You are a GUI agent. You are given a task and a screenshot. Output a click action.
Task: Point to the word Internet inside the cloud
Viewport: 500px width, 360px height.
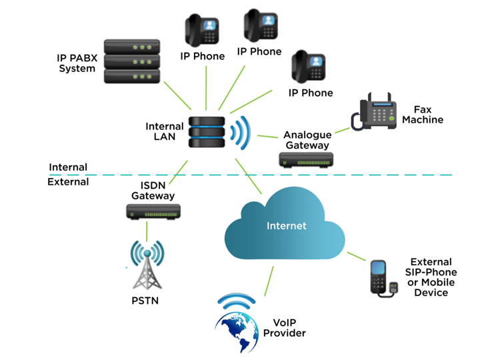point(286,226)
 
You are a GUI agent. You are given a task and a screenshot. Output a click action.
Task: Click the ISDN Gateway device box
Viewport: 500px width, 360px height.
point(153,213)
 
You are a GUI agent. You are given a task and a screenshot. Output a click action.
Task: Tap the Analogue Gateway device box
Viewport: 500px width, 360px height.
point(305,159)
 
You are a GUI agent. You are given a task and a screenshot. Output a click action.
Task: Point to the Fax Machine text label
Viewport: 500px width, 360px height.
point(428,115)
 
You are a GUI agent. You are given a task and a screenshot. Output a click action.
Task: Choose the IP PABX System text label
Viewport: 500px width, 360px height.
point(77,63)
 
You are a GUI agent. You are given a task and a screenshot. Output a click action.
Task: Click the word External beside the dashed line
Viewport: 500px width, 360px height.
point(68,181)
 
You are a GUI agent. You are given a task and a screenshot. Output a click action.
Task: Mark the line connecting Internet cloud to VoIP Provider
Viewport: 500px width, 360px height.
point(269,280)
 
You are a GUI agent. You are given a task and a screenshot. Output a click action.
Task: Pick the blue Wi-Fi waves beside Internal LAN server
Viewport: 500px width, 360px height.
point(239,133)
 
